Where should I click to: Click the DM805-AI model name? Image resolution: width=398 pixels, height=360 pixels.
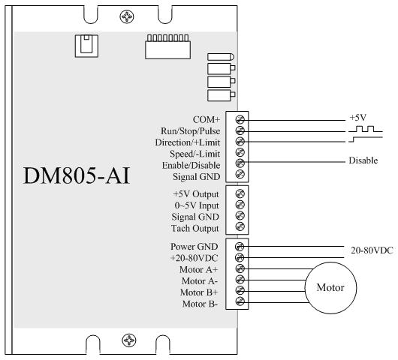point(77,175)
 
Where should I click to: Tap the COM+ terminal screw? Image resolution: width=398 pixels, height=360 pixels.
point(240,119)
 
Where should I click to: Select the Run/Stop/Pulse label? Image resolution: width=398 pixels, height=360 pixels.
point(191,131)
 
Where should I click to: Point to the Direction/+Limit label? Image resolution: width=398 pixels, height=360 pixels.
point(188,142)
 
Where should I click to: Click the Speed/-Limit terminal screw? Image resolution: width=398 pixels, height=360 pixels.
point(240,152)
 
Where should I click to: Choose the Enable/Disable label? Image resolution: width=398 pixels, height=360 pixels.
point(191,165)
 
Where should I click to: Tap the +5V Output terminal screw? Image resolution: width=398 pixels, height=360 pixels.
point(240,193)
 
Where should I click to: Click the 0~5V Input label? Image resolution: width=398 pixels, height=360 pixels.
point(197,205)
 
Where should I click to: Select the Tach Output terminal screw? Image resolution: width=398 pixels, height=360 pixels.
point(240,226)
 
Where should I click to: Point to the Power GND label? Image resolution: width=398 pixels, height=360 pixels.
point(194,247)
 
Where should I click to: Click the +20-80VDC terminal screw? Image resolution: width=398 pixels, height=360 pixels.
point(240,257)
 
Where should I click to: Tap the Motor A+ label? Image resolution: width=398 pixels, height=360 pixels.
point(199,269)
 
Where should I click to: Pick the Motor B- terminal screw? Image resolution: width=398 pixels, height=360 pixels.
point(240,301)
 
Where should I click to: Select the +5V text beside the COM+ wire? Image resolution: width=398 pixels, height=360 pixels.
point(358,118)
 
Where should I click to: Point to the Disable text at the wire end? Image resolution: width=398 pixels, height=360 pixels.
point(363,160)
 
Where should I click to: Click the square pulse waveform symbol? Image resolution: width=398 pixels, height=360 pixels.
point(366,129)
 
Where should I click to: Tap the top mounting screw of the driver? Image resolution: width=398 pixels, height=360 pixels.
point(127,16)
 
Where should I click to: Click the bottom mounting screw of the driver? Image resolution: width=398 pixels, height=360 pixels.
point(129,340)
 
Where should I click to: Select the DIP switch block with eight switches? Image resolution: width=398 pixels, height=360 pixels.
point(167,47)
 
